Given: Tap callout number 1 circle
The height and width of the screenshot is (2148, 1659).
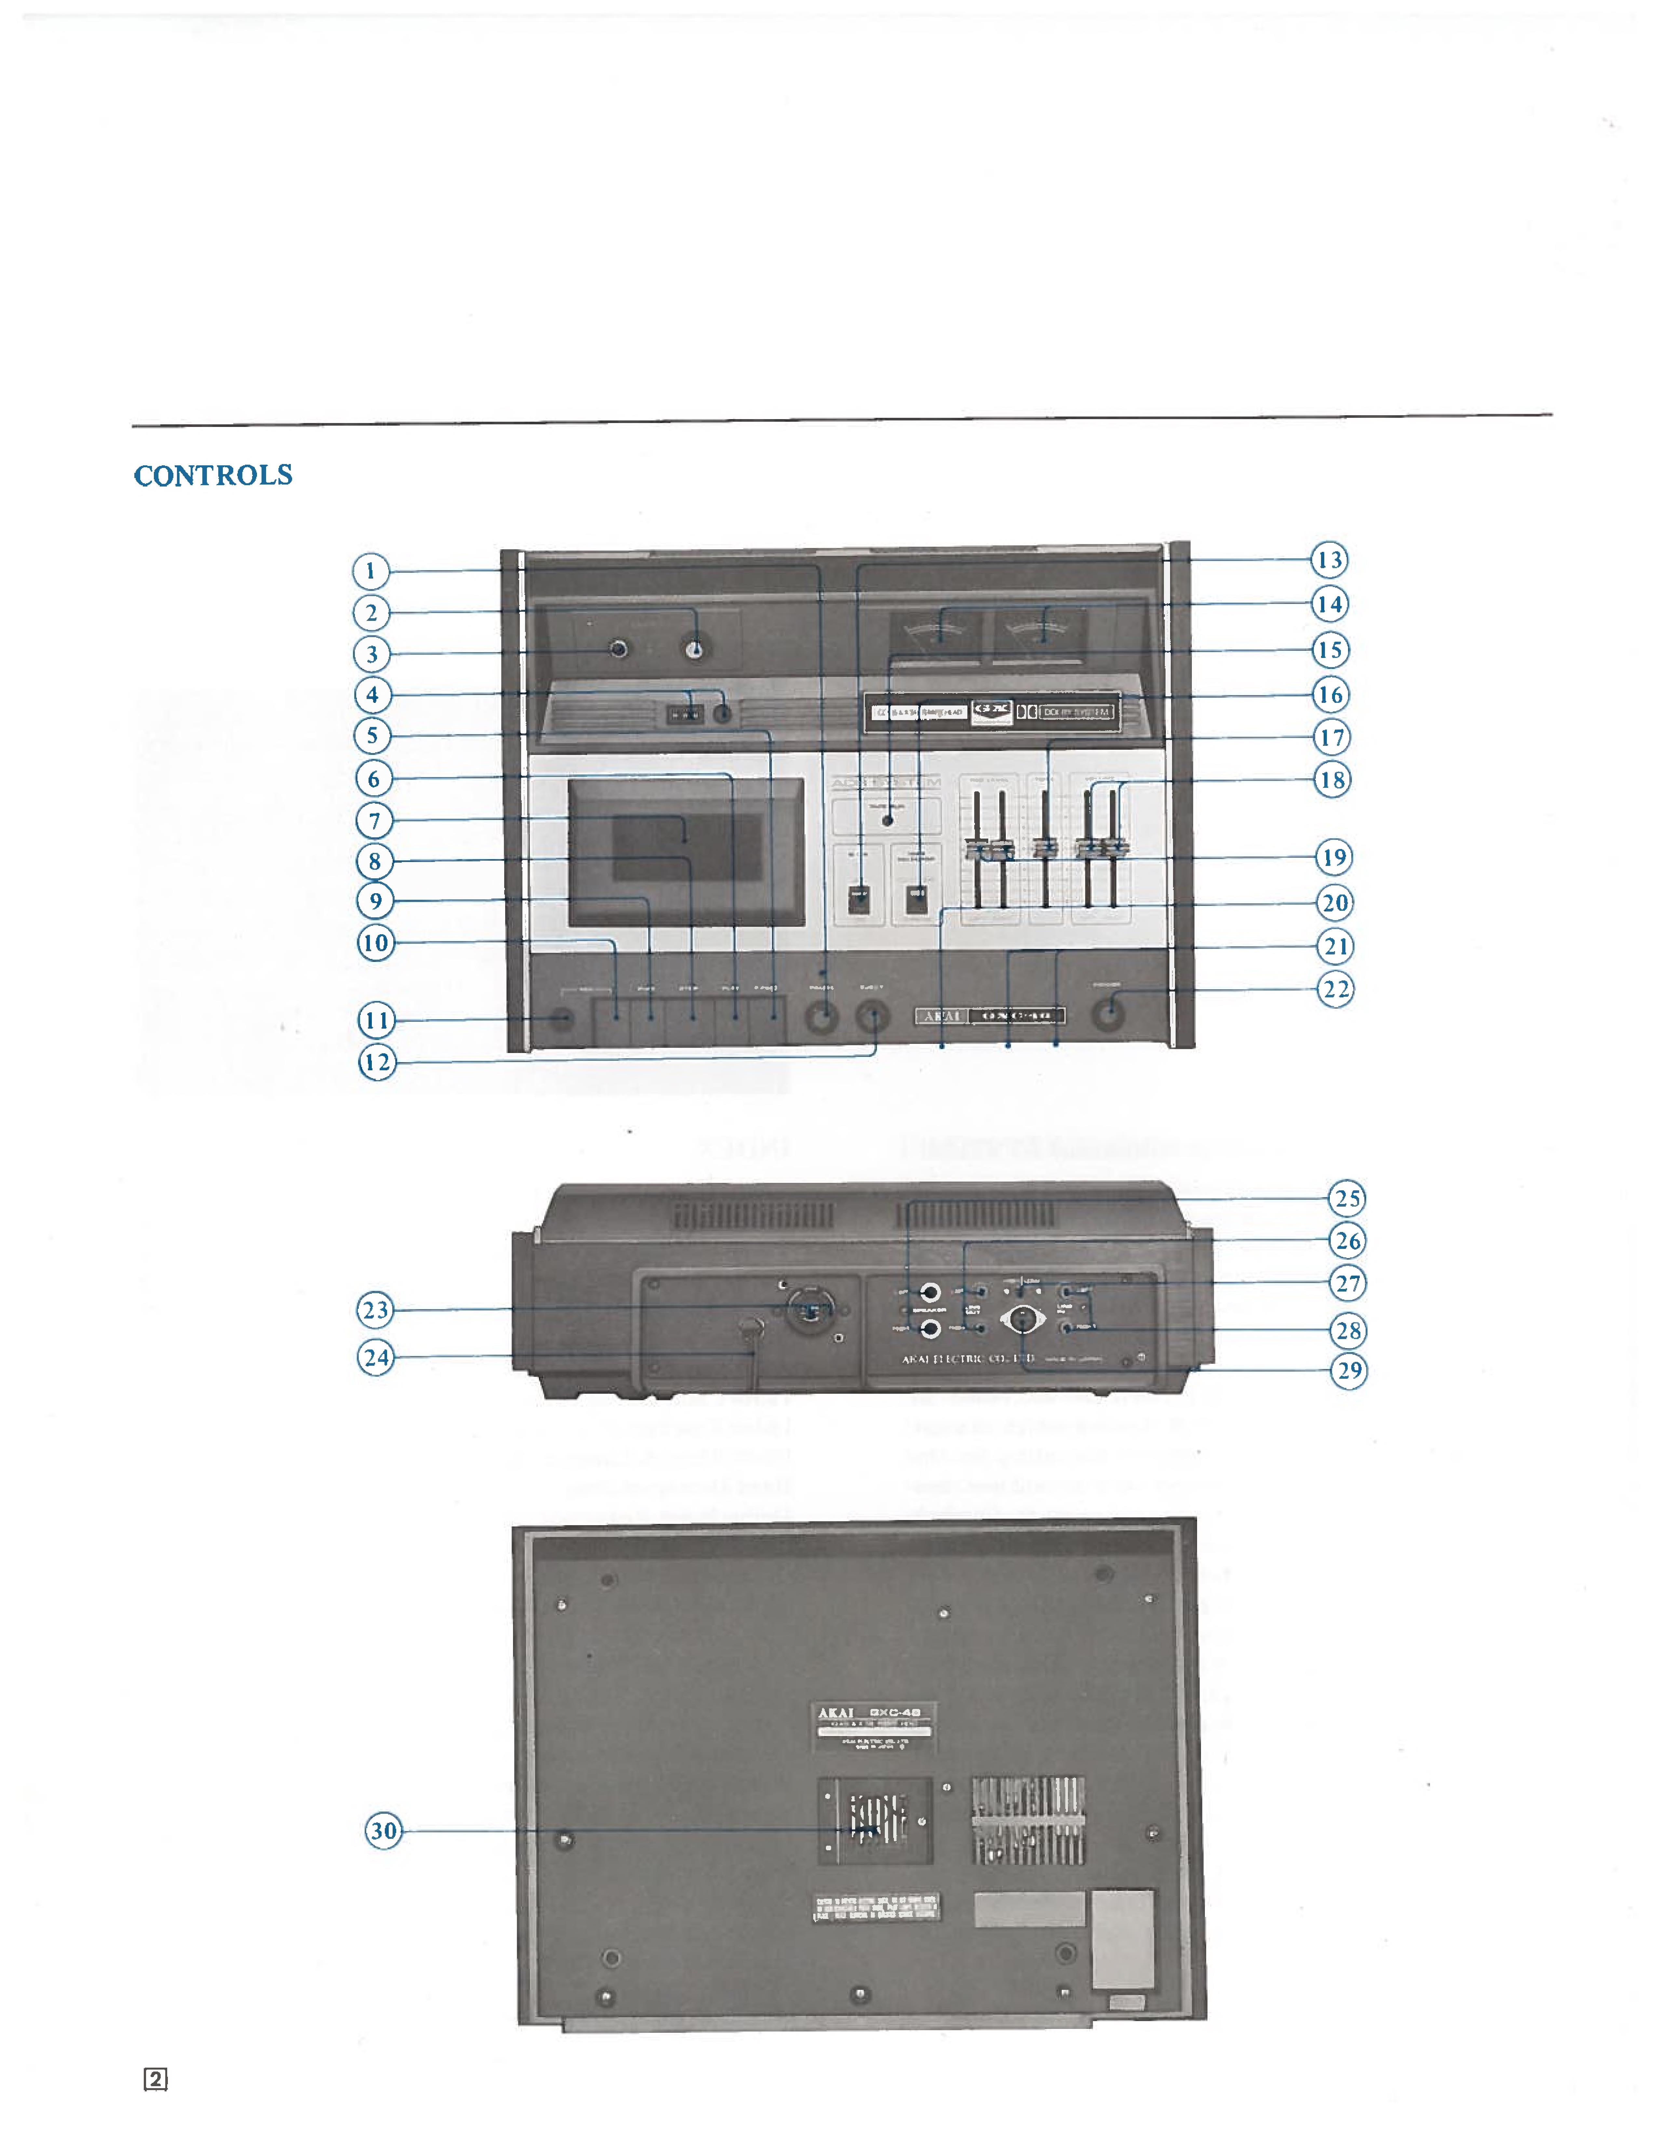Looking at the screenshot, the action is coord(371,570).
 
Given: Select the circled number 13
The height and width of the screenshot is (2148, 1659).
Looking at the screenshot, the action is coord(1329,560).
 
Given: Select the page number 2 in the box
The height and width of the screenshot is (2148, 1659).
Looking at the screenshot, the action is coord(155,2079).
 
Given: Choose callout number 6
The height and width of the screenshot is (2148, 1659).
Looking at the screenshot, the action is coord(374,779).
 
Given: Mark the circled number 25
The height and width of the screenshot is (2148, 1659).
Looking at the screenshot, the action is coord(1346,1198).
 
